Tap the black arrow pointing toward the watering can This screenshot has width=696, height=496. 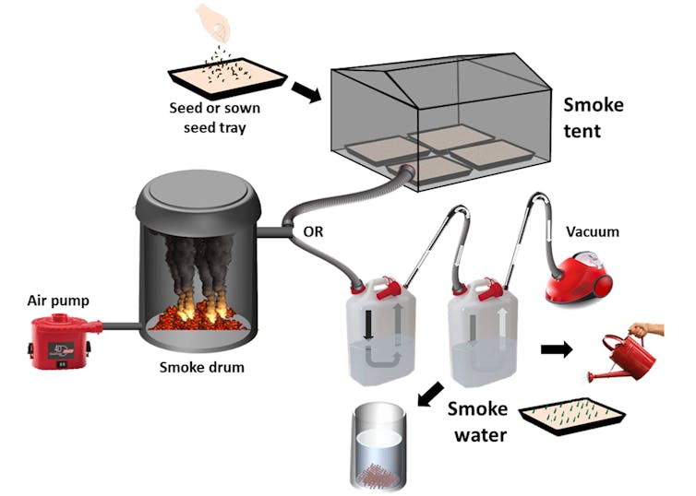556,350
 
